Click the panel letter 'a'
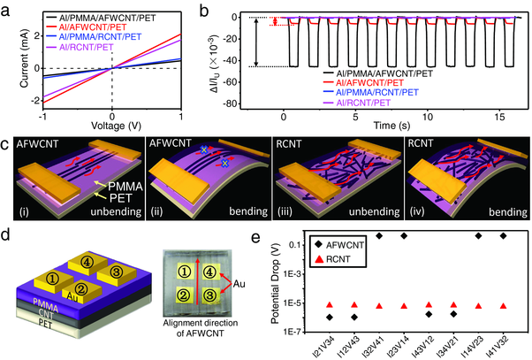click(x=8, y=9)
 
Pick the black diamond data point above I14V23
click(x=478, y=236)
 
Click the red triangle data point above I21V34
click(x=330, y=304)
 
